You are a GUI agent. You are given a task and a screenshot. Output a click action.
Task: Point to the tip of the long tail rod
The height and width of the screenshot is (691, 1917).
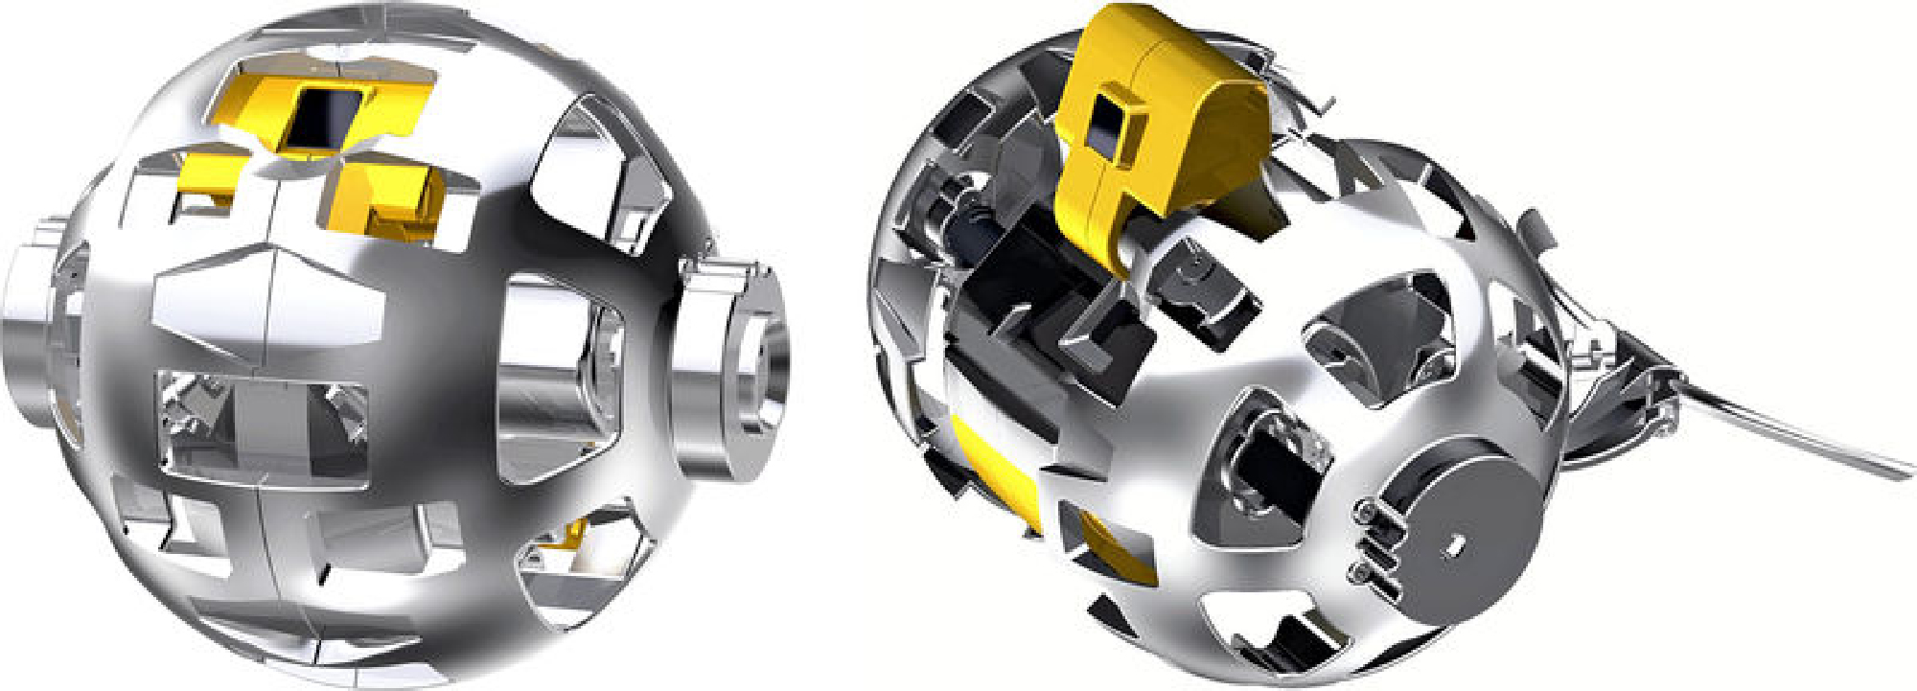tap(1903, 471)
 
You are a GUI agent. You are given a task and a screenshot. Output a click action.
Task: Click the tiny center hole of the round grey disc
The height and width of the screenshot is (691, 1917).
tap(1454, 545)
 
